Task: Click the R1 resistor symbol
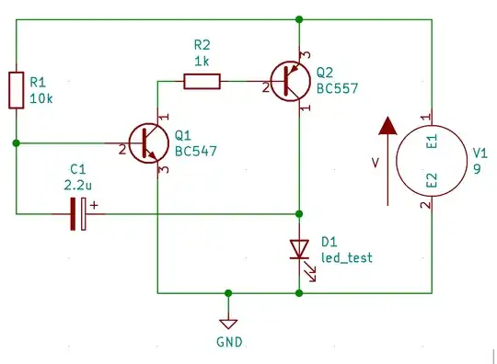[x=17, y=88]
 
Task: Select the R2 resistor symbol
[x=202, y=82]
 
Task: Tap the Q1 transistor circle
[x=148, y=142]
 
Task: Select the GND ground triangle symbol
[x=228, y=323]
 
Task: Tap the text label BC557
[x=338, y=89]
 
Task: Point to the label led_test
[x=347, y=257]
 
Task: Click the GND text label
[x=228, y=342]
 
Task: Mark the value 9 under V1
[x=477, y=169]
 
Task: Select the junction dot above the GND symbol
[x=228, y=293]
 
